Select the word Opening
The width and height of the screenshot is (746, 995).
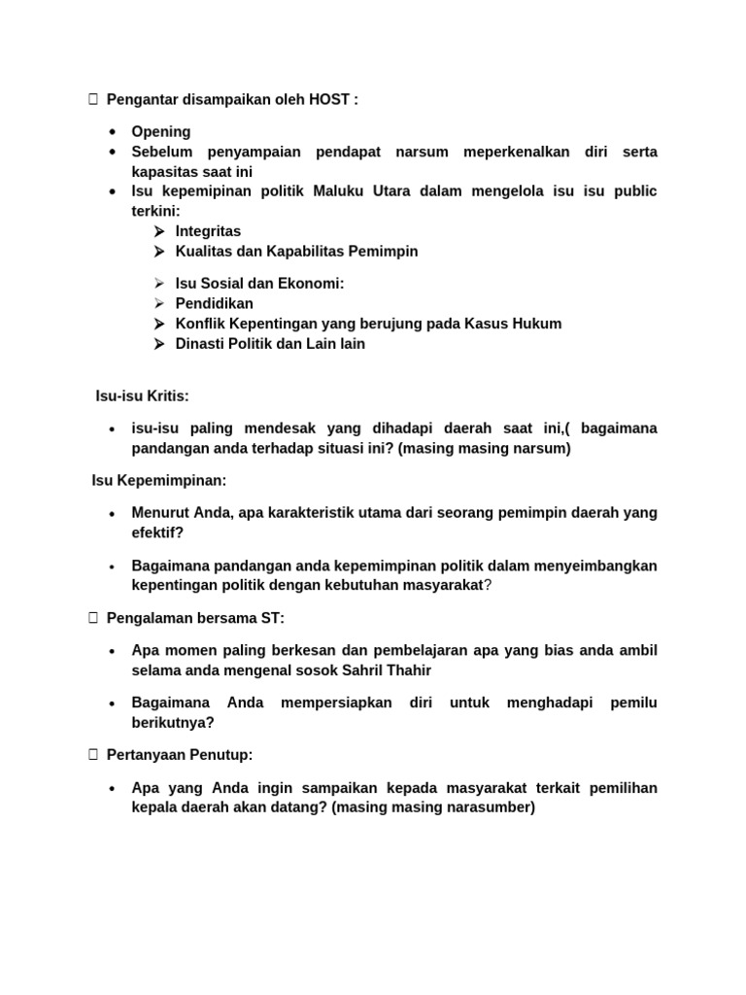pos(161,131)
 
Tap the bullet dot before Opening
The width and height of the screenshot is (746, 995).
pos(114,131)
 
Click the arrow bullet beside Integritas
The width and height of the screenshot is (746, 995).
pos(158,231)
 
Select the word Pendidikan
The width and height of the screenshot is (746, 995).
pos(214,303)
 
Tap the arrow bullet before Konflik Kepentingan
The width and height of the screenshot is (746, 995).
pos(158,324)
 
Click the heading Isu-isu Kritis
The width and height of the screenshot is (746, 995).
pos(142,396)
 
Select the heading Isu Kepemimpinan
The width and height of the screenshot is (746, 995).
pos(158,480)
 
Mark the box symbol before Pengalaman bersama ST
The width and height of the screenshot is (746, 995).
pos(93,618)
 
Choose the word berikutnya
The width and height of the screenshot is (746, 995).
pos(173,723)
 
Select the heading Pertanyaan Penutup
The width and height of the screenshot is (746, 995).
pos(180,755)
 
